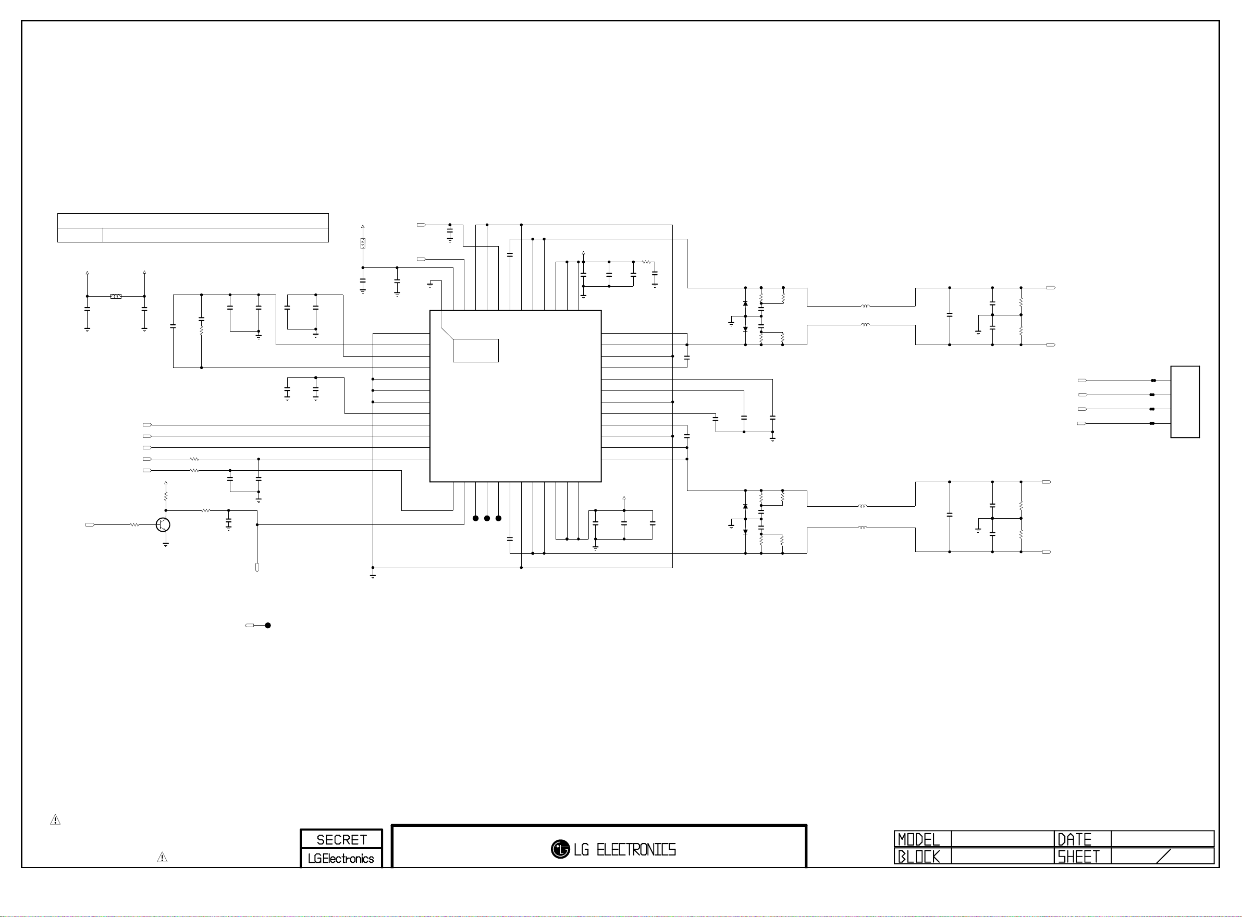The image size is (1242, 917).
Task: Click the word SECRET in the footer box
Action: [341, 839]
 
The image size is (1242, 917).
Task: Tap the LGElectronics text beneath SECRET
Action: [341, 858]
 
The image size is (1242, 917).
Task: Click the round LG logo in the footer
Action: [560, 849]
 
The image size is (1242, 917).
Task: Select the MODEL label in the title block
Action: [918, 839]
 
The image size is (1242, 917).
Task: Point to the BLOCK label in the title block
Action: [918, 857]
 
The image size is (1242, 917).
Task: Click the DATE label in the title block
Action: [1074, 839]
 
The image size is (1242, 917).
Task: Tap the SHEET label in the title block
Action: [1078, 857]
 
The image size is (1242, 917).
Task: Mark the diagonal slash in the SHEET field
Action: [1163, 857]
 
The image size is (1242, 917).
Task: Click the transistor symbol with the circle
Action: [163, 524]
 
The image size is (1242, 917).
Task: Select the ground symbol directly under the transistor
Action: [165, 545]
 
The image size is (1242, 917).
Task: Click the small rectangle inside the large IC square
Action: [476, 350]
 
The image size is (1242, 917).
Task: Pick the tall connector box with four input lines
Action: [1185, 402]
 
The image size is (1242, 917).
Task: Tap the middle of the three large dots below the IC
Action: [487, 518]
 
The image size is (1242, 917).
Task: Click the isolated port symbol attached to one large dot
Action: [250, 626]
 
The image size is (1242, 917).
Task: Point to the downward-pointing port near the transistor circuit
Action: [257, 568]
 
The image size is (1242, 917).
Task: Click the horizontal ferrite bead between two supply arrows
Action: [115, 297]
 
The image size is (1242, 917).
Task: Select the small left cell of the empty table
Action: [80, 235]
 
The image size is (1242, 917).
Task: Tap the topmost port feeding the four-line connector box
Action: [1081, 381]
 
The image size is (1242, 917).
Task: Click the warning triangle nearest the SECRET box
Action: [162, 858]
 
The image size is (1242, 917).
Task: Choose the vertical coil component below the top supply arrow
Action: [362, 243]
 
